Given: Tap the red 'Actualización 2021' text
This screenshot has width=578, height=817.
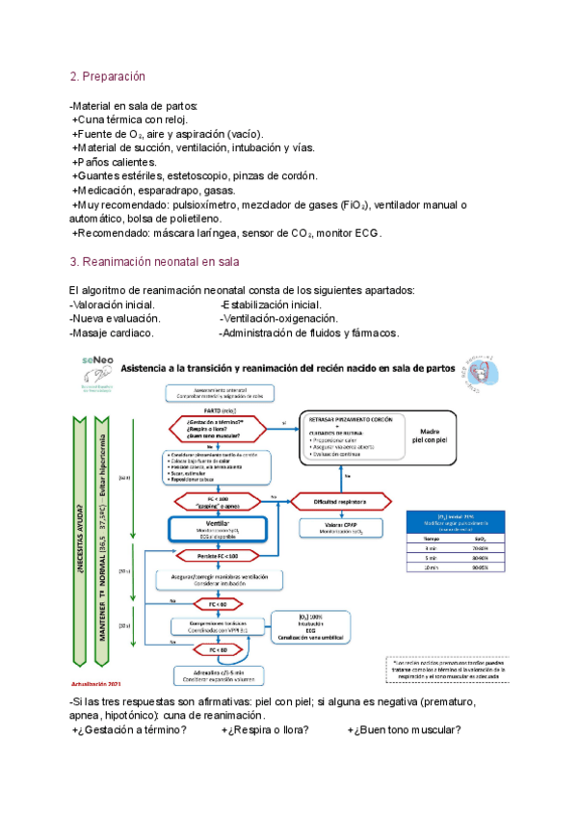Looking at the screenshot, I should pos(99,683).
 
